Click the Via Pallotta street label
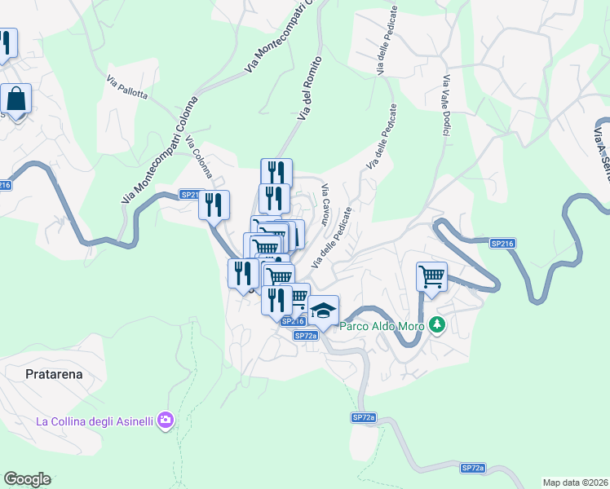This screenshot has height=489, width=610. [126, 88]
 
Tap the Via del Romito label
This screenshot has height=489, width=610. [311, 90]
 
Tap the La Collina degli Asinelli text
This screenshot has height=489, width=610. [95, 421]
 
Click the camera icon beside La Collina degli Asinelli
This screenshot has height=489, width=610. [166, 421]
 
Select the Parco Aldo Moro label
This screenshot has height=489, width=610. [382, 326]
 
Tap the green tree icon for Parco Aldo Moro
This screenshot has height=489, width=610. [437, 325]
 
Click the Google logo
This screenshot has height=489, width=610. [27, 479]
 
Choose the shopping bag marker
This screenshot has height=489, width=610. [16, 100]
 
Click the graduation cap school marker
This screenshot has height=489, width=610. [323, 311]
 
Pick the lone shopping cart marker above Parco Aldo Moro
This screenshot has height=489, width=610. [431, 276]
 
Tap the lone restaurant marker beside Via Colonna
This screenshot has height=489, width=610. [214, 205]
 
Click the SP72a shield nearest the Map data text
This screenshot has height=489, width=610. [472, 468]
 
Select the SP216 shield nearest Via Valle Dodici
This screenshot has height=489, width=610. [502, 243]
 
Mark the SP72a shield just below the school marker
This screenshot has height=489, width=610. [306, 335]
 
